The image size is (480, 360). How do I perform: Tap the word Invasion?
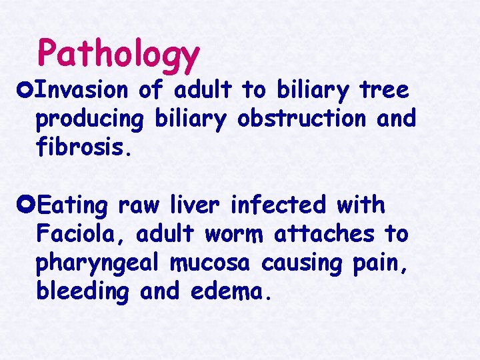82,90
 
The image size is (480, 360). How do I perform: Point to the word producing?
90,119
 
